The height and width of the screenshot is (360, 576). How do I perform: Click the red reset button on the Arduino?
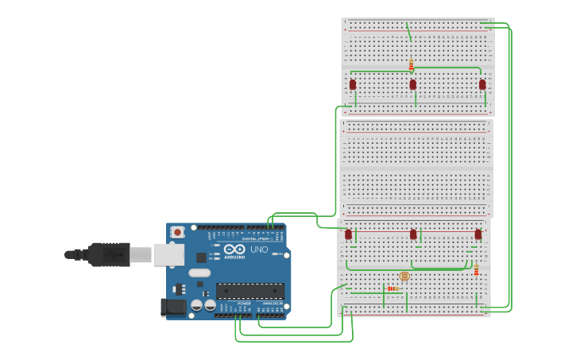click(x=177, y=232)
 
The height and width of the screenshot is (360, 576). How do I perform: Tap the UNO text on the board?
click(x=259, y=250)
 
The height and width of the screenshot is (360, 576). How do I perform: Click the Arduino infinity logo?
click(x=234, y=249)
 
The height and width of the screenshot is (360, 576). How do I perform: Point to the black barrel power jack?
click(x=172, y=307)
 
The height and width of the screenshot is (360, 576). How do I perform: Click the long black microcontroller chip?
click(x=249, y=291)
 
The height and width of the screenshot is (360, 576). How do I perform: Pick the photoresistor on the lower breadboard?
click(x=404, y=277)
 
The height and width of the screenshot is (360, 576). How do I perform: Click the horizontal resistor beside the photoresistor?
click(x=392, y=288)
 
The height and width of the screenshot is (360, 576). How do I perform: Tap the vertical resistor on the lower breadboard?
click(x=476, y=270)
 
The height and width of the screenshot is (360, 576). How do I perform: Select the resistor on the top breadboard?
click(x=411, y=64)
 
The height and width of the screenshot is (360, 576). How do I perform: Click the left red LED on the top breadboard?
click(x=353, y=84)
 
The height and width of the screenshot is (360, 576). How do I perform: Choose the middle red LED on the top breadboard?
click(x=413, y=84)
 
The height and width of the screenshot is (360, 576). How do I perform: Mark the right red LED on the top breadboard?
click(x=482, y=84)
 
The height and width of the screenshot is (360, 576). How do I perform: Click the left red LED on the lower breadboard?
click(x=348, y=234)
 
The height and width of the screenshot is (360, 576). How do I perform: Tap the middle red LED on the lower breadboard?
click(x=413, y=234)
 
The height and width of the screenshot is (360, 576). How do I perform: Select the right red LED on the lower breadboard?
click(x=478, y=234)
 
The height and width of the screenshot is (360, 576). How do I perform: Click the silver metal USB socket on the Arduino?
click(x=168, y=254)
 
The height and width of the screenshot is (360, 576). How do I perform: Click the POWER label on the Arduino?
click(x=244, y=303)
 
